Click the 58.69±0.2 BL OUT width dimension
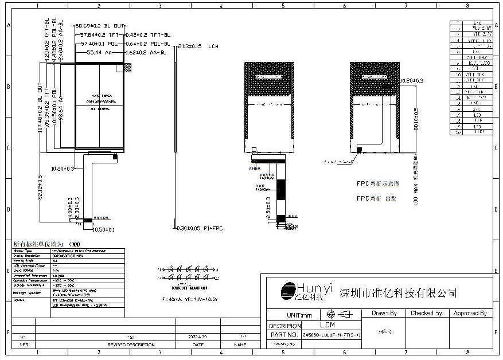(x=100, y=26)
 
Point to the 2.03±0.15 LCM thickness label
(x=198, y=46)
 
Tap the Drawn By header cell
(x=384, y=314)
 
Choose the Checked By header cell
(x=426, y=314)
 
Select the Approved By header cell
(x=470, y=314)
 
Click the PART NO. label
(x=283, y=334)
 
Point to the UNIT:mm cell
(x=298, y=315)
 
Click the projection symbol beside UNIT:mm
(x=338, y=314)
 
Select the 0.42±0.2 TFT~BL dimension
(x=148, y=36)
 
